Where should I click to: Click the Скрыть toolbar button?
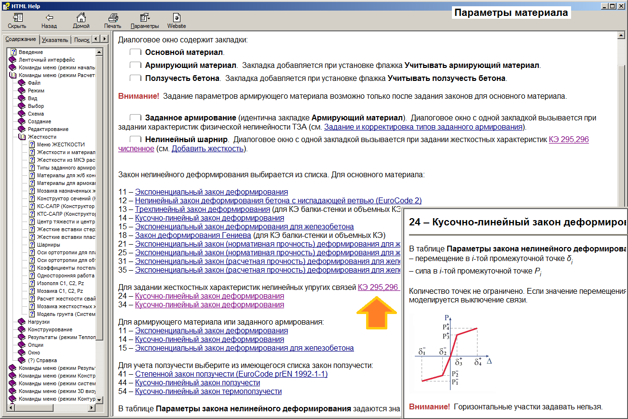click(x=17, y=21)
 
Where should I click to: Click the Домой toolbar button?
click(x=81, y=21)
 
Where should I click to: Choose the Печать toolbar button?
click(x=112, y=21)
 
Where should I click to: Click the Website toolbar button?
click(x=177, y=21)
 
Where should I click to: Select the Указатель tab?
click(x=55, y=40)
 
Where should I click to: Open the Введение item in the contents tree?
click(x=31, y=52)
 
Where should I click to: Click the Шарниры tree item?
click(x=48, y=245)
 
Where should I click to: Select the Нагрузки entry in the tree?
click(x=39, y=322)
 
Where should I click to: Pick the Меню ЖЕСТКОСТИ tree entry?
click(x=61, y=144)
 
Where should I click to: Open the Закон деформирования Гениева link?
click(x=193, y=235)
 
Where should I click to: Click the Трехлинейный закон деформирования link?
click(x=202, y=209)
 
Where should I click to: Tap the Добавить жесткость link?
click(x=208, y=148)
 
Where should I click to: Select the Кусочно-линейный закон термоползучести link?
click(x=208, y=391)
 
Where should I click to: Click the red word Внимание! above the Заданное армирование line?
click(x=138, y=96)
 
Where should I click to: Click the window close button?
click(x=621, y=6)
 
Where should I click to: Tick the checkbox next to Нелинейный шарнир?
click(x=136, y=140)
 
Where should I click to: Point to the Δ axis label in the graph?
click(x=489, y=360)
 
